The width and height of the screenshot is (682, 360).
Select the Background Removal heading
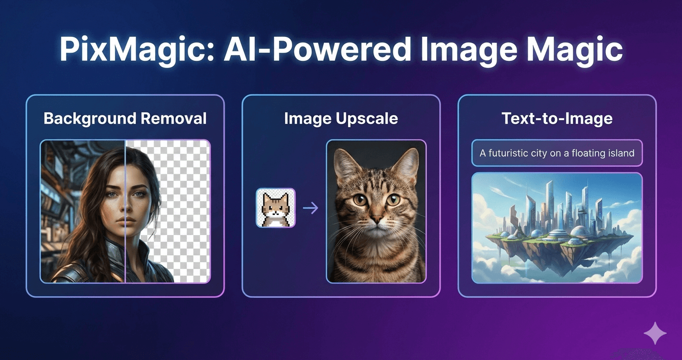click(x=125, y=118)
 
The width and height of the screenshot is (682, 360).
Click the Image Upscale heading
click(x=341, y=118)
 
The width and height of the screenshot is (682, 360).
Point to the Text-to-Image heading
click(x=557, y=118)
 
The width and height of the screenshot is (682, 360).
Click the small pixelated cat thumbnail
click(x=276, y=208)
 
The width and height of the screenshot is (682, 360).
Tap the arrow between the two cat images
click(x=311, y=208)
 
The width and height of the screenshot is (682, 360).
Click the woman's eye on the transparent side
click(x=139, y=195)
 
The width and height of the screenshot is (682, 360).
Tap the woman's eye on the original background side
click(x=112, y=195)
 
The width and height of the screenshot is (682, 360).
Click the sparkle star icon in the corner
click(x=655, y=333)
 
